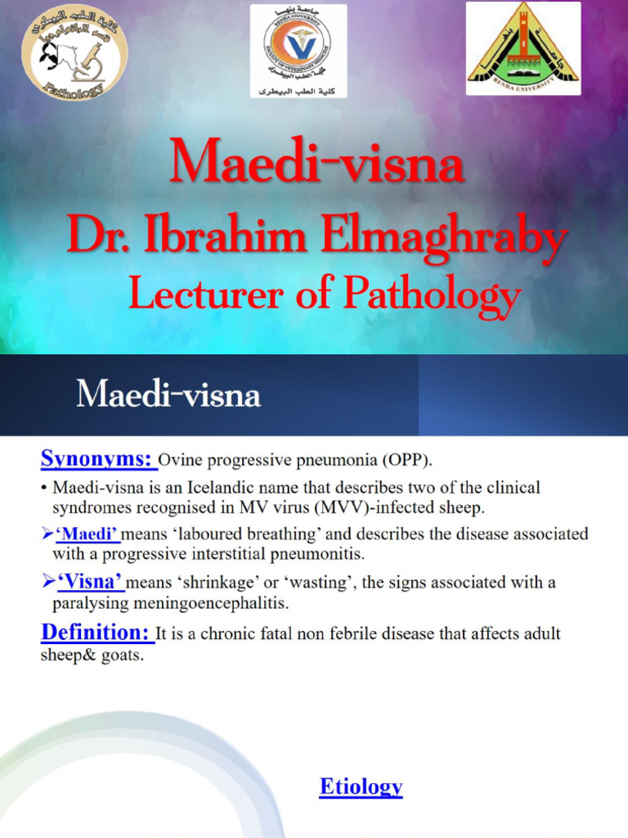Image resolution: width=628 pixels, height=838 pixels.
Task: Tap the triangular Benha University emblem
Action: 523,47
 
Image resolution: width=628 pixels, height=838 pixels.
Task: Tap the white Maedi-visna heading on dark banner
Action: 168,395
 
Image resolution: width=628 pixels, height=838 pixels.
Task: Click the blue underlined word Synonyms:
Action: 98,459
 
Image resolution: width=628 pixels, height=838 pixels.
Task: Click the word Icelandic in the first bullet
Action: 262,488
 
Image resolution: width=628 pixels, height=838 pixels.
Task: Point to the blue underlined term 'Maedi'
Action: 87,534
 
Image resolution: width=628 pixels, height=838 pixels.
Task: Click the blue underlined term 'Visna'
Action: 89,583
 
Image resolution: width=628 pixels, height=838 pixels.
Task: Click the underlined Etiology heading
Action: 361,787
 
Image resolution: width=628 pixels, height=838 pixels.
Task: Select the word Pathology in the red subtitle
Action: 431,295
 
